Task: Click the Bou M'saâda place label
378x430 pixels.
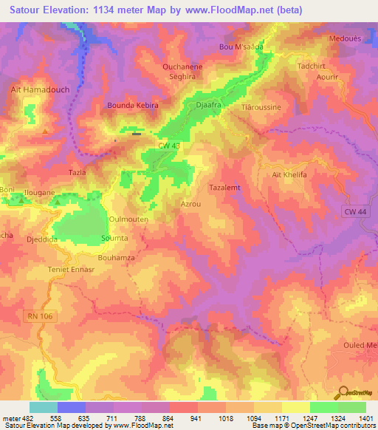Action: [241, 47]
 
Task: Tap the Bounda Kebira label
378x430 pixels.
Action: [134, 106]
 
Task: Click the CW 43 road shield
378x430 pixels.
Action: [169, 146]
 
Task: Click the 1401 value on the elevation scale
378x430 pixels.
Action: [365, 419]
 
